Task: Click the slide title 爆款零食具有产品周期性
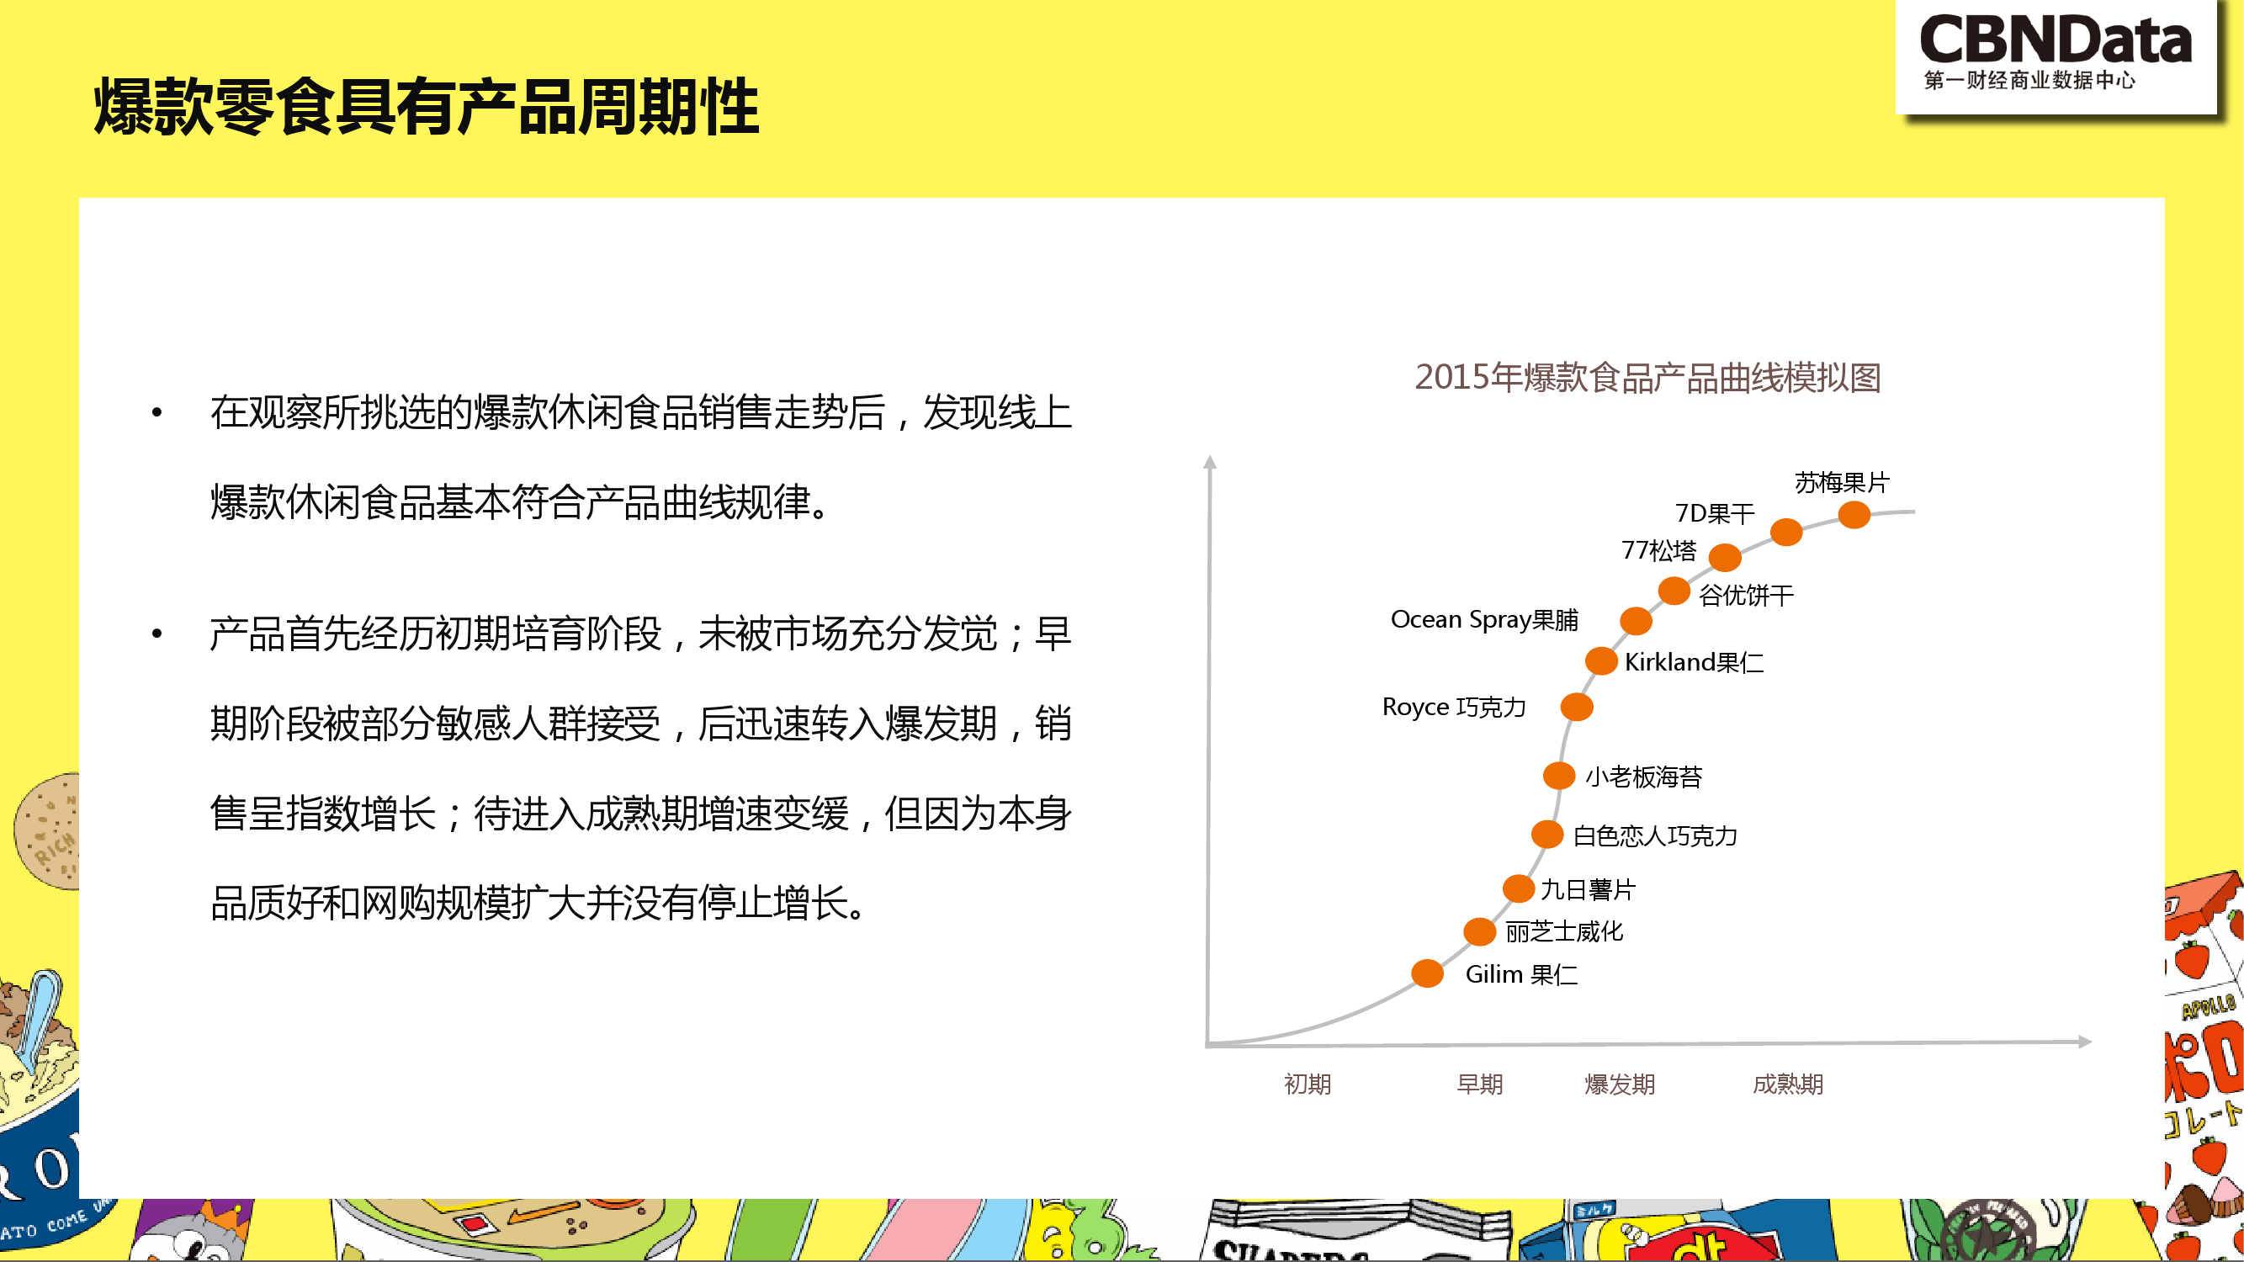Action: tap(426, 106)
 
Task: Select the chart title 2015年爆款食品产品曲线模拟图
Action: tap(1647, 377)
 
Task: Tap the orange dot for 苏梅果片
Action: tap(1854, 515)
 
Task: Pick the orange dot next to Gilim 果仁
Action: tap(1427, 973)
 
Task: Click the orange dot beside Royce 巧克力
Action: tap(1577, 707)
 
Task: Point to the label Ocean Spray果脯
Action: tap(1484, 619)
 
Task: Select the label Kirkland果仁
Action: tap(1695, 662)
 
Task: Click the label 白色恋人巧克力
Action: tap(1655, 836)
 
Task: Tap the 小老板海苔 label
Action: tap(1644, 776)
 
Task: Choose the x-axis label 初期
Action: tap(1308, 1084)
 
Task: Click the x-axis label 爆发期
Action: tap(1620, 1084)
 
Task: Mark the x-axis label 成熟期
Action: tap(1787, 1084)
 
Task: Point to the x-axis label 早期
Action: tap(1480, 1084)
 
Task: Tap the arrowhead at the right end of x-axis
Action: tap(2086, 1042)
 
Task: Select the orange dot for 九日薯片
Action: tap(1519, 888)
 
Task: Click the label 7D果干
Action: tap(1715, 513)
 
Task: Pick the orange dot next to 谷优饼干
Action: tap(1674, 591)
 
